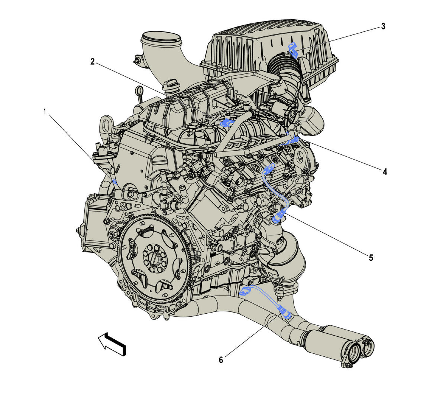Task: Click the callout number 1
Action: pyautogui.click(x=45, y=111)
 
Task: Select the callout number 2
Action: pyautogui.click(x=93, y=61)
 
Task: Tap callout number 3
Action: pyautogui.click(x=383, y=26)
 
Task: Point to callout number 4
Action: pyautogui.click(x=385, y=172)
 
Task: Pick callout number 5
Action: pyautogui.click(x=371, y=258)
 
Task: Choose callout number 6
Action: pyautogui.click(x=221, y=360)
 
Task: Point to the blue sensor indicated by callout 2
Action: pyautogui.click(x=226, y=123)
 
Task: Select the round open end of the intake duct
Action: pyautogui.click(x=162, y=37)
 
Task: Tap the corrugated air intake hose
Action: pyautogui.click(x=282, y=65)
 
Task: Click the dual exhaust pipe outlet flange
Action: pyautogui.click(x=357, y=350)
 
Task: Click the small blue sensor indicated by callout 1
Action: pyautogui.click(x=114, y=182)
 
